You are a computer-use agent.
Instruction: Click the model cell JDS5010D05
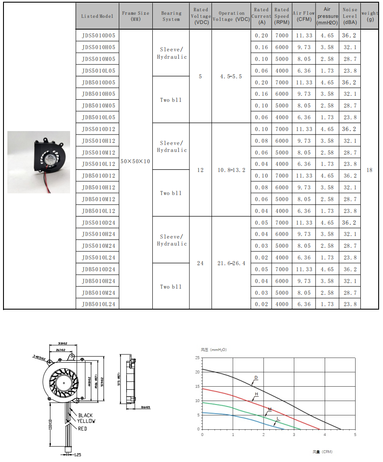tap(98, 35)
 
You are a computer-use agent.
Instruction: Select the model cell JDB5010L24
tap(98, 304)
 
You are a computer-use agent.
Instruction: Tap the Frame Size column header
tap(135, 16)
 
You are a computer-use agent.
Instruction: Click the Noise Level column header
tap(350, 16)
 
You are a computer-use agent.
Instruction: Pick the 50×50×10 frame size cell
tap(135, 161)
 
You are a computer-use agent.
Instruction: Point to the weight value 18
tap(370, 170)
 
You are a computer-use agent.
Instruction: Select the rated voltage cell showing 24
tap(200, 263)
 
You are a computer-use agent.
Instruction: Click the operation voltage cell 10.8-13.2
tap(232, 170)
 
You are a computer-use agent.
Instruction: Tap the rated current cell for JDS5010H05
tap(262, 47)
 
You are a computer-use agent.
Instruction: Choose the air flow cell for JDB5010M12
tap(304, 199)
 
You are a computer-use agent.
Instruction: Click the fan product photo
tap(39, 162)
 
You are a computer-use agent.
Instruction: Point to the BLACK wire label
tap(86, 415)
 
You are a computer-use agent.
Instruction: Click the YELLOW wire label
tap(87, 421)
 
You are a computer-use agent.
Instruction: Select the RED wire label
tap(82, 428)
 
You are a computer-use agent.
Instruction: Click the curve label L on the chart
tap(277, 418)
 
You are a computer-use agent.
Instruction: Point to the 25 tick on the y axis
tap(197, 358)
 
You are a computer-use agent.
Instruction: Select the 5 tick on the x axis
tap(355, 435)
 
